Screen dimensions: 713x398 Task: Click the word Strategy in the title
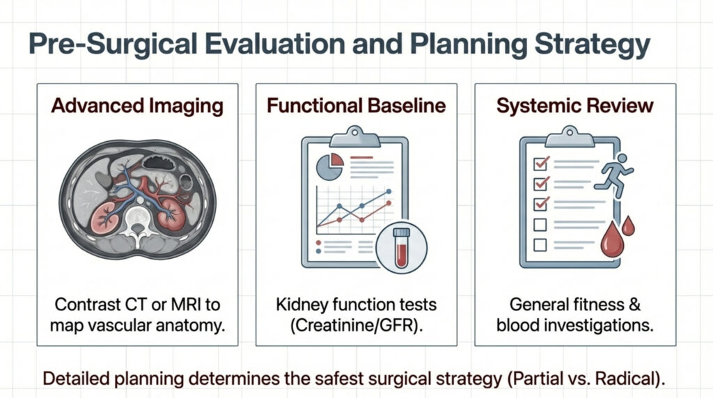pyautogui.click(x=592, y=45)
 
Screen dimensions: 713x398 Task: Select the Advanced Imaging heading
pyautogui.click(x=137, y=106)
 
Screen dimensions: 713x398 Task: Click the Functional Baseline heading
pyautogui.click(x=356, y=105)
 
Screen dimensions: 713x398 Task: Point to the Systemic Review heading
pyautogui.click(x=575, y=106)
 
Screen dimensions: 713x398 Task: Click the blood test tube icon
pyautogui.click(x=402, y=248)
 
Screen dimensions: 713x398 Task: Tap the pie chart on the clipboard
pyautogui.click(x=330, y=166)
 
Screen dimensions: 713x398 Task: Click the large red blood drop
pyautogui.click(x=612, y=239)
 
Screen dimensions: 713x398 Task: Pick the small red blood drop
pyautogui.click(x=628, y=225)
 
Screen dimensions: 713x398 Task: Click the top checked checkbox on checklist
pyautogui.click(x=540, y=163)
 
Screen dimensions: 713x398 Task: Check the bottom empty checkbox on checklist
pyautogui.click(x=540, y=245)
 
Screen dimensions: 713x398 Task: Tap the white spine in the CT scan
pyautogui.click(x=137, y=222)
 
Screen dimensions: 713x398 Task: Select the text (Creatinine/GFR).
pyautogui.click(x=356, y=326)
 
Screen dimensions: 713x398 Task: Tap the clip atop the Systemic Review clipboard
pyautogui.click(x=570, y=137)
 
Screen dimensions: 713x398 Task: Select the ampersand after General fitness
pyautogui.click(x=634, y=304)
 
